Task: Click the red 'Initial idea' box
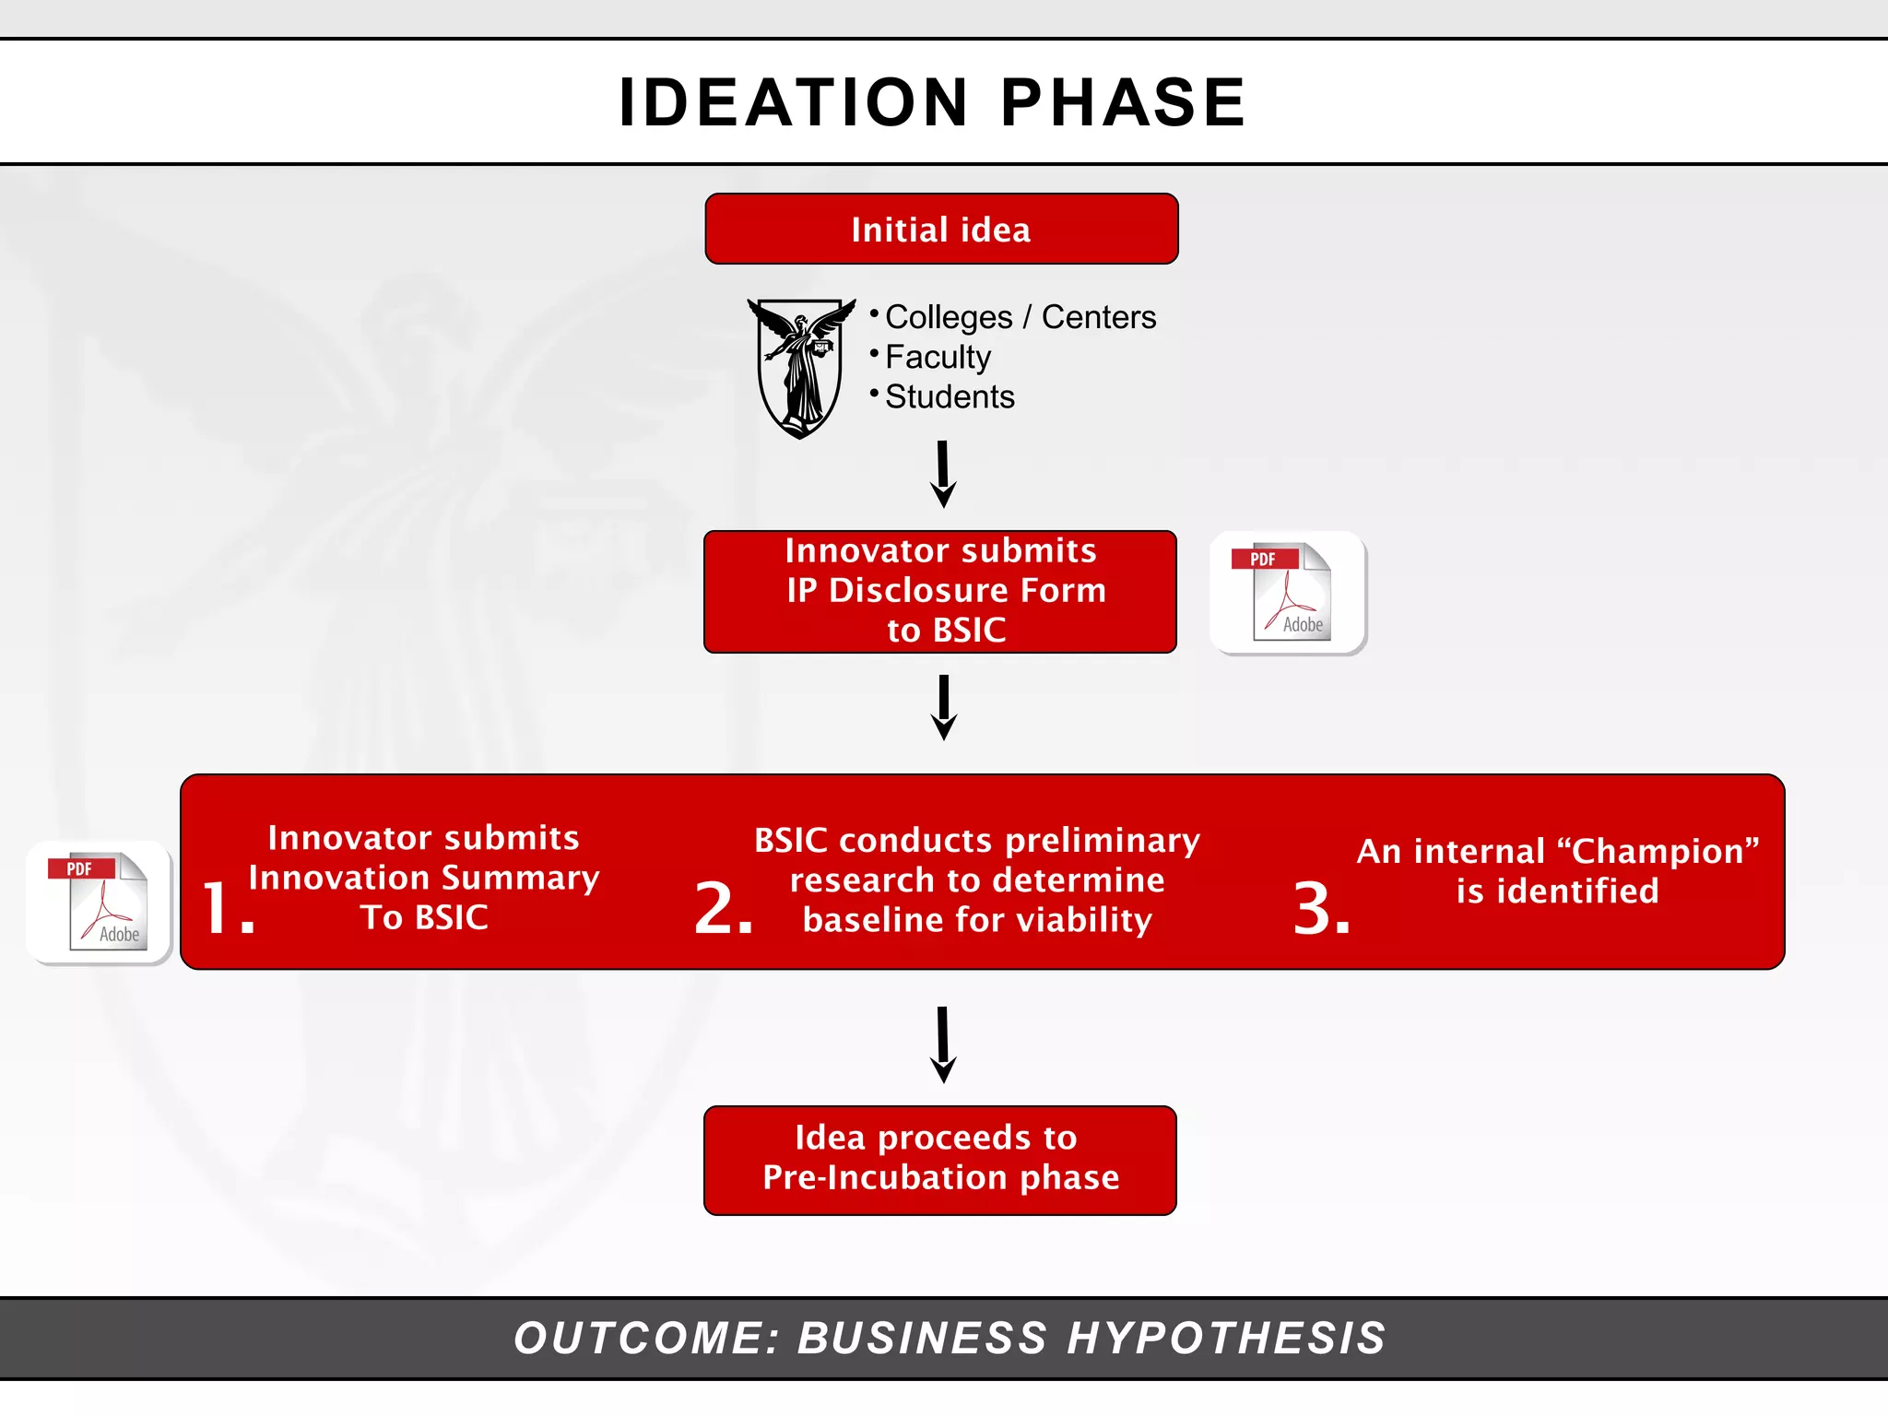[x=941, y=229]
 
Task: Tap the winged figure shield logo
[x=800, y=367]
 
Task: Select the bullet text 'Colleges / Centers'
[x=1020, y=317]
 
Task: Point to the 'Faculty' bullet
[x=938, y=357]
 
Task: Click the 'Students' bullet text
[x=950, y=396]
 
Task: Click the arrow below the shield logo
[x=943, y=474]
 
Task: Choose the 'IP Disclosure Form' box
[x=940, y=592]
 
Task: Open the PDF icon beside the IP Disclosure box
[x=1289, y=593]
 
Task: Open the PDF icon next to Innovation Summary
[x=100, y=903]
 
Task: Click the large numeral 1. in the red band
[x=226, y=908]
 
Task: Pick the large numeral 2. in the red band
[x=724, y=908]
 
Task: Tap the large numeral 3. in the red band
[x=1321, y=908]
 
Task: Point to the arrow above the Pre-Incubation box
[x=943, y=1044]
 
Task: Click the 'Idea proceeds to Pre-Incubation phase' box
[x=940, y=1160]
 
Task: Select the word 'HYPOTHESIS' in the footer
[x=1226, y=1338]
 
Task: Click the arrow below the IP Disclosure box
[x=944, y=707]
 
